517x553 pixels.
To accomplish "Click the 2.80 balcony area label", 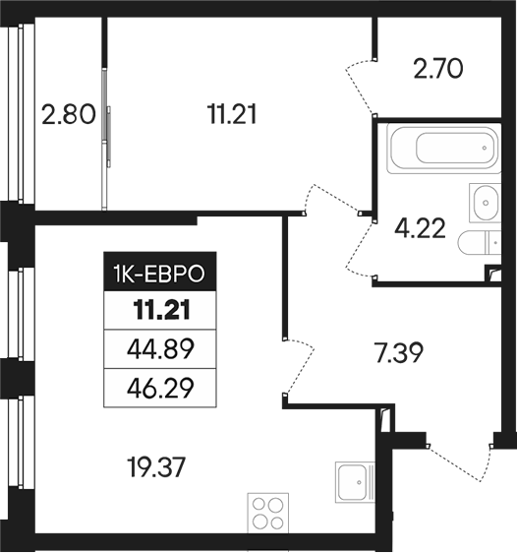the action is pyautogui.click(x=69, y=115).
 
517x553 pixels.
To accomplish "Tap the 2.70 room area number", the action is pyautogui.click(x=438, y=69).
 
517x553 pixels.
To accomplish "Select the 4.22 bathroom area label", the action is pyautogui.click(x=420, y=228).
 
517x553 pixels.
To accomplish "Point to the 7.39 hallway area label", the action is pyautogui.click(x=398, y=352).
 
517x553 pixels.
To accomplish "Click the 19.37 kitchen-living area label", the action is pyautogui.click(x=157, y=467).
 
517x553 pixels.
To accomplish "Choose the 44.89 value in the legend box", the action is pyautogui.click(x=160, y=349).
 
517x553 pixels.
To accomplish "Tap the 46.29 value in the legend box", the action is pyautogui.click(x=160, y=388).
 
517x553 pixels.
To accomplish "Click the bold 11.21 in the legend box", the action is pyautogui.click(x=161, y=310).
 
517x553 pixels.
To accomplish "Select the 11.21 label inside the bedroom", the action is pyautogui.click(x=232, y=114).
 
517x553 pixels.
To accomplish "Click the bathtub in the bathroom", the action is pyautogui.click(x=443, y=149).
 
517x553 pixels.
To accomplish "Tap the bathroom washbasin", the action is pyautogui.click(x=485, y=203).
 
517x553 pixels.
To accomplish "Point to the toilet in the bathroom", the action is pyautogui.click(x=480, y=242).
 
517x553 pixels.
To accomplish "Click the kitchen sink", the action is pyautogui.click(x=355, y=482).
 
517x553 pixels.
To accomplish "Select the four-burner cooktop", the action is pyautogui.click(x=268, y=513).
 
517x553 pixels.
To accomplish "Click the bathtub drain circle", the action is pyautogui.click(x=485, y=149).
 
